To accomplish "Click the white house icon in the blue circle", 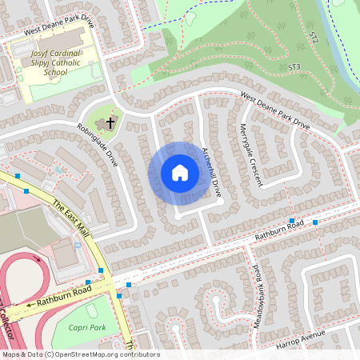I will coord(180,172).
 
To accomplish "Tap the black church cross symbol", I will coord(110,122).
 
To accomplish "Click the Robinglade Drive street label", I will coord(98,144).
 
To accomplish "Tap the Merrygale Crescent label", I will coord(250,155).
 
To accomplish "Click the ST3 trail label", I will coord(294,66).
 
